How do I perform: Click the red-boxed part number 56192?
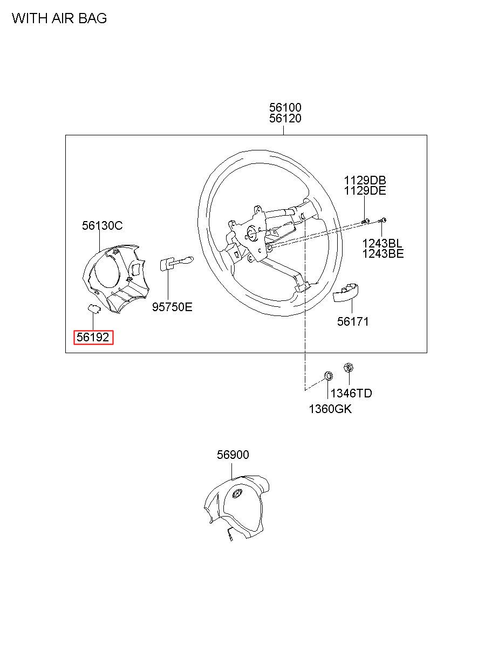tap(93, 338)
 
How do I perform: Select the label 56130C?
tap(103, 226)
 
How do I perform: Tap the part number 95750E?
tap(172, 307)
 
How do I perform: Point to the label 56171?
tap(353, 322)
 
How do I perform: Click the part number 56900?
tap(233, 455)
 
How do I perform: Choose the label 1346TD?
tap(351, 394)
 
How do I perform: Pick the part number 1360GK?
tap(330, 409)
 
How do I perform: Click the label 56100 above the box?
tap(285, 107)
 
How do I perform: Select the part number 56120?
tap(285, 119)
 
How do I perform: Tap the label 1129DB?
tap(366, 180)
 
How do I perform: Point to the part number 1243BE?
tap(383, 254)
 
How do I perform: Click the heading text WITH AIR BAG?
tap(59, 19)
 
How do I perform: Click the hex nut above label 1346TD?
tap(348, 368)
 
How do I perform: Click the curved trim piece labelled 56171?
tap(346, 291)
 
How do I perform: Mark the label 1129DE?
tap(366, 191)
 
